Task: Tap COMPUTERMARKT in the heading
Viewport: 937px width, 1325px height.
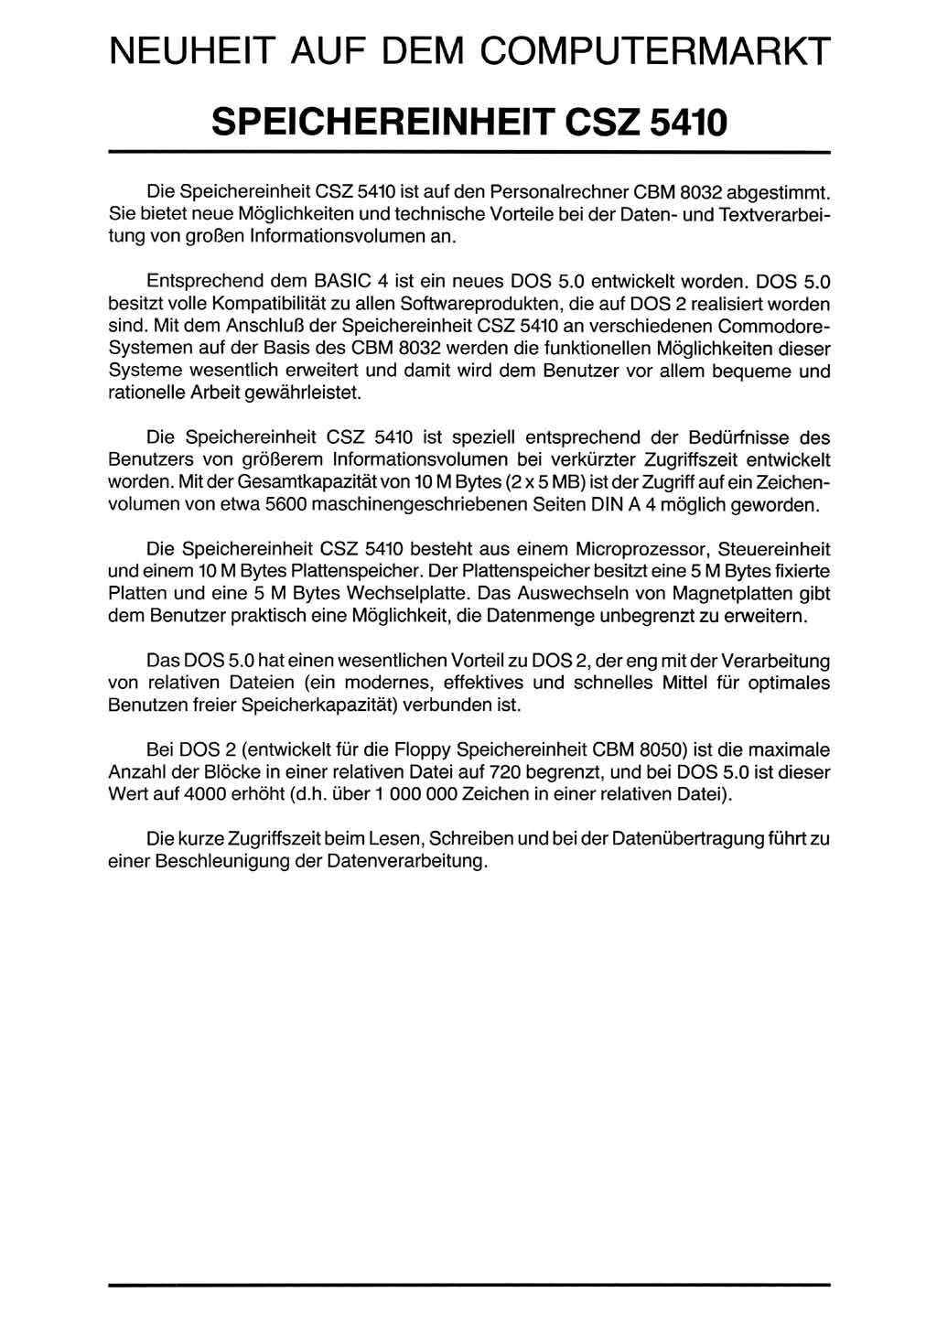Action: [656, 51]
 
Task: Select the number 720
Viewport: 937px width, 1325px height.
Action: [506, 772]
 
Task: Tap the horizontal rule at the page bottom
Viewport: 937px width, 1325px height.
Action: [468, 1286]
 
